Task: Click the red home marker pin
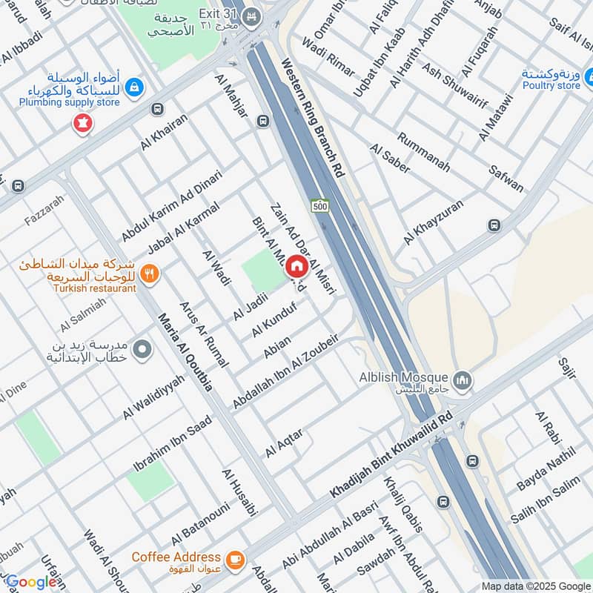(296, 265)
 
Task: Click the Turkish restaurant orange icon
(150, 275)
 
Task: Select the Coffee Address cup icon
(236, 558)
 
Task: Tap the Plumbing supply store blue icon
(135, 87)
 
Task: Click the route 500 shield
(319, 206)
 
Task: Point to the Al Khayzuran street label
(434, 222)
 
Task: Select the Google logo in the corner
(31, 583)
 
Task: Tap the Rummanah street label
(423, 152)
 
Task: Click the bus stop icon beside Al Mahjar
(262, 121)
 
